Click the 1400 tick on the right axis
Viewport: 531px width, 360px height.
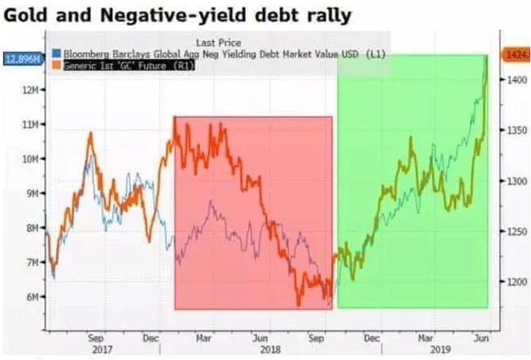[516, 80]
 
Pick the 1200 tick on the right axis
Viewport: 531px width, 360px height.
[516, 282]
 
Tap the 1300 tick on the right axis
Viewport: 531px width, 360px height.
[516, 181]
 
